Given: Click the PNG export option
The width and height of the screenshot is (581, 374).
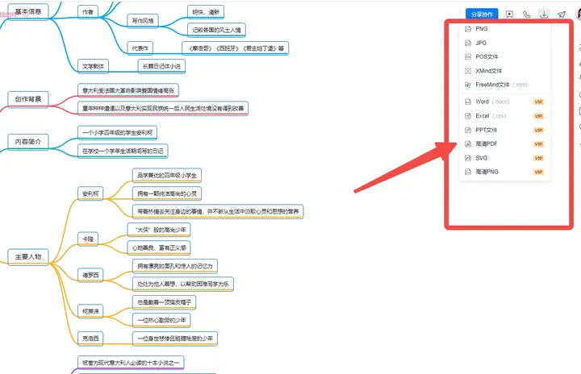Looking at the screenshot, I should pos(481,28).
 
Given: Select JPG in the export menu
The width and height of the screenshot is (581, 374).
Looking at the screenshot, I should pos(481,43).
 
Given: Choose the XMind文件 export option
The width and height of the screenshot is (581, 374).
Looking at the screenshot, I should pos(489,71).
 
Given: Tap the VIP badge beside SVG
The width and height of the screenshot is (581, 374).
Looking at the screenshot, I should pos(538,158).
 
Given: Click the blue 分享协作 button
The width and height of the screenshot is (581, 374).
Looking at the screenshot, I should pos(482,14).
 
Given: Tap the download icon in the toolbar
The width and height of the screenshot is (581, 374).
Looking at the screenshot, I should pos(545,14).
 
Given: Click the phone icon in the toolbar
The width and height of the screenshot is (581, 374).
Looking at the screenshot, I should pos(527,14).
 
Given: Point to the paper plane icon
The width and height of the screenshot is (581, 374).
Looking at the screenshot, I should pos(562,14).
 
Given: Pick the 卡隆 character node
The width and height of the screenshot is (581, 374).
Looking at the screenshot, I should pos(88,239).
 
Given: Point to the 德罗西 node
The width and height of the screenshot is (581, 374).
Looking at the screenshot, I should pos(90,275).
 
